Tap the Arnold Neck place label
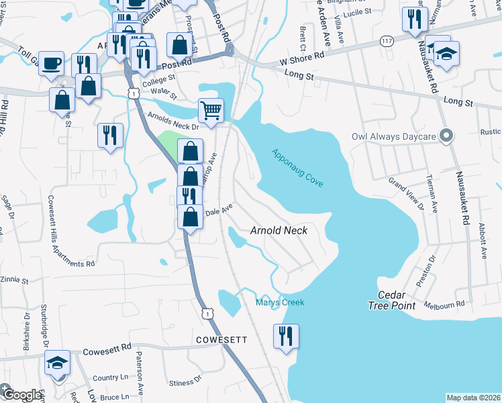click(x=279, y=230)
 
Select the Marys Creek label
click(x=280, y=302)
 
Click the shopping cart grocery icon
click(x=211, y=110)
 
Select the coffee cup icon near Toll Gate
click(x=51, y=64)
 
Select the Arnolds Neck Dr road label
click(x=173, y=122)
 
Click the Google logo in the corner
click(x=21, y=394)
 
